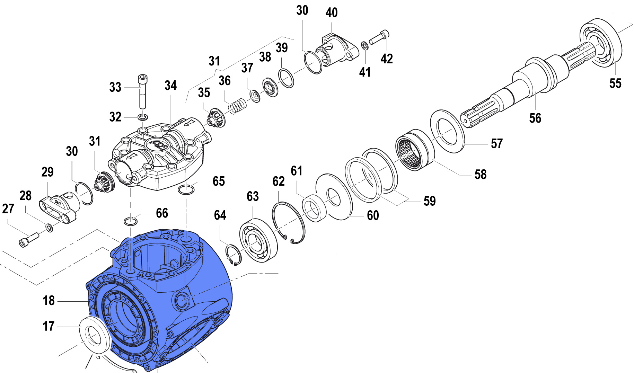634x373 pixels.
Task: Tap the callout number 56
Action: click(535, 118)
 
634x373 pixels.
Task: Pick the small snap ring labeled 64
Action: click(234, 255)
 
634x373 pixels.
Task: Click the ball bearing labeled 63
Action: click(258, 240)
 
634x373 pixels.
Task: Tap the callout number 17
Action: click(49, 326)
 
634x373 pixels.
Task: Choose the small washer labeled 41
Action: click(364, 45)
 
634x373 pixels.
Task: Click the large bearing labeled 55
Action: click(600, 42)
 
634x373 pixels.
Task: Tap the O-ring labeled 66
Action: click(130, 221)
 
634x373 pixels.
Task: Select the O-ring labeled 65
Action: click(186, 189)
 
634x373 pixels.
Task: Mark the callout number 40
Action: click(332, 13)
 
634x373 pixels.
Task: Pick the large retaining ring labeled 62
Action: click(289, 222)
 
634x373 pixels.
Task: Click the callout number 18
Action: click(49, 301)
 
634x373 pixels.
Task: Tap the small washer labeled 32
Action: click(143, 116)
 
